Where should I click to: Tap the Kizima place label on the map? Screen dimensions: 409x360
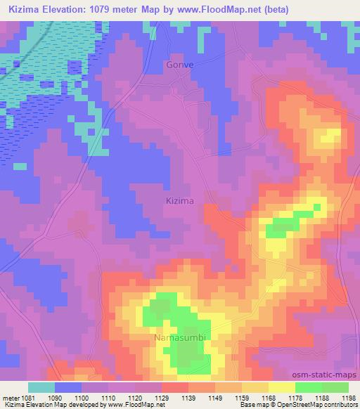click(178, 200)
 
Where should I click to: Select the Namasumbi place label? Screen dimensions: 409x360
click(181, 339)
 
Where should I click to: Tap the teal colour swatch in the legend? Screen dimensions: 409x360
click(41, 387)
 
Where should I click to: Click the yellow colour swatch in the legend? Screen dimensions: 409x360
click(281, 387)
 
